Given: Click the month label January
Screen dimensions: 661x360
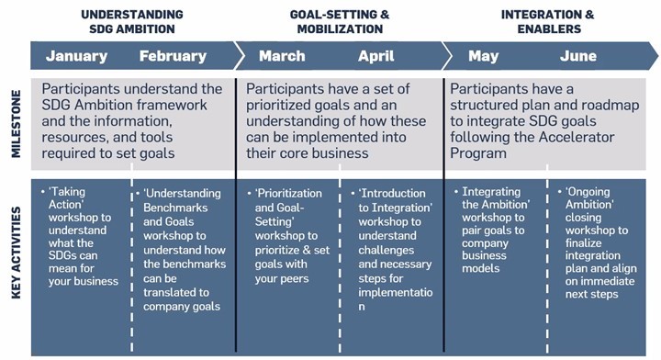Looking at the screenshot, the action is (x=77, y=56).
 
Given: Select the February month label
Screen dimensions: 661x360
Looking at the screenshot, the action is (x=173, y=56).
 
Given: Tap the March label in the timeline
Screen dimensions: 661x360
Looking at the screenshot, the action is (x=282, y=56).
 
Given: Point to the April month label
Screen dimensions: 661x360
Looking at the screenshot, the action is (x=376, y=57).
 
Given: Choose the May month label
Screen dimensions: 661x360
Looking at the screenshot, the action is (x=484, y=57).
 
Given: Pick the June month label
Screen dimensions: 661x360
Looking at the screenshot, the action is (x=578, y=56).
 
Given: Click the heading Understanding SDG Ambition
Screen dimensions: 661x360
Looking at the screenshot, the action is (x=132, y=21).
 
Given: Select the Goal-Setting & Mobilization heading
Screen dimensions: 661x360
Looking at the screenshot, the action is (x=340, y=21).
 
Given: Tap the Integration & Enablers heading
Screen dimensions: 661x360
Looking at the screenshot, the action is (x=548, y=21).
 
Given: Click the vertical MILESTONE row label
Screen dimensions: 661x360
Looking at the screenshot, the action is (x=16, y=123).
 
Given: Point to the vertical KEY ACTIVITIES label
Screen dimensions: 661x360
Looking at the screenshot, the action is (x=16, y=253).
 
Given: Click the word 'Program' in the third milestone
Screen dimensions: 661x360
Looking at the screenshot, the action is (x=478, y=153).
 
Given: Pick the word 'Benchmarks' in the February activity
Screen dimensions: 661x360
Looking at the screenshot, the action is (x=175, y=208).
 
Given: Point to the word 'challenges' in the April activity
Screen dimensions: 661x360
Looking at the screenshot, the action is (x=387, y=251).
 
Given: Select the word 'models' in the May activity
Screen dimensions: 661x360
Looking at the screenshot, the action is (x=480, y=268).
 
